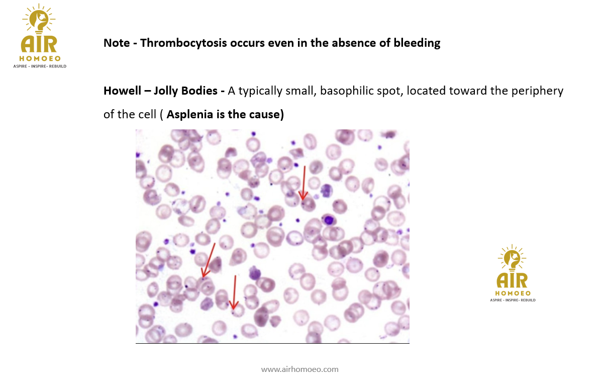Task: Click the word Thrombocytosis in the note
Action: point(183,43)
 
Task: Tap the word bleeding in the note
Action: point(417,43)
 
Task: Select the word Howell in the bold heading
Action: point(122,91)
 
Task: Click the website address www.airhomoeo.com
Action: point(300,369)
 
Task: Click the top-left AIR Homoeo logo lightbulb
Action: point(39,19)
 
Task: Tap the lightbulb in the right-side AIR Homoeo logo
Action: point(512,258)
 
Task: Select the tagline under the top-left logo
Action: point(40,66)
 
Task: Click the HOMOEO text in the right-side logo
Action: point(513,293)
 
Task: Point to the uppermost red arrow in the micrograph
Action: point(304,183)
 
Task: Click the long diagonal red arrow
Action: point(208,260)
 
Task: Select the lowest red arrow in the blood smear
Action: point(234,292)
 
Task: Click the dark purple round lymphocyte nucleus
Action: point(329,220)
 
